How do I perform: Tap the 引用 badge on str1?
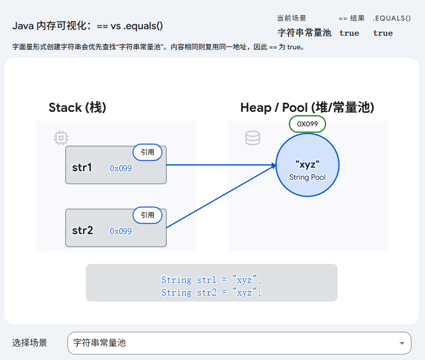(x=148, y=152)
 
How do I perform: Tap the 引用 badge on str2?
(x=148, y=215)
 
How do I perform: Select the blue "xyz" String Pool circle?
(x=307, y=165)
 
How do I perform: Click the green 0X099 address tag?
(x=307, y=124)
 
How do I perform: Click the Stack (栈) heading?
(x=77, y=107)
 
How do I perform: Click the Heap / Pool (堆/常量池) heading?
(x=307, y=107)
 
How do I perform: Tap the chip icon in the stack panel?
(x=61, y=138)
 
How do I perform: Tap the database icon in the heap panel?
(x=252, y=138)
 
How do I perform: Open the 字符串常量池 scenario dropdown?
(x=239, y=343)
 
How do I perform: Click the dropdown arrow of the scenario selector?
(x=402, y=343)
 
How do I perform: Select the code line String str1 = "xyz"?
(x=211, y=279)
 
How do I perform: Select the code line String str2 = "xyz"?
(x=211, y=292)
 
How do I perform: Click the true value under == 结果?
(x=349, y=33)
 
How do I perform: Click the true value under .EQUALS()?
(x=383, y=33)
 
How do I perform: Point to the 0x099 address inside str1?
(x=121, y=168)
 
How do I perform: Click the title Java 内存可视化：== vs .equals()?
(x=87, y=26)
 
